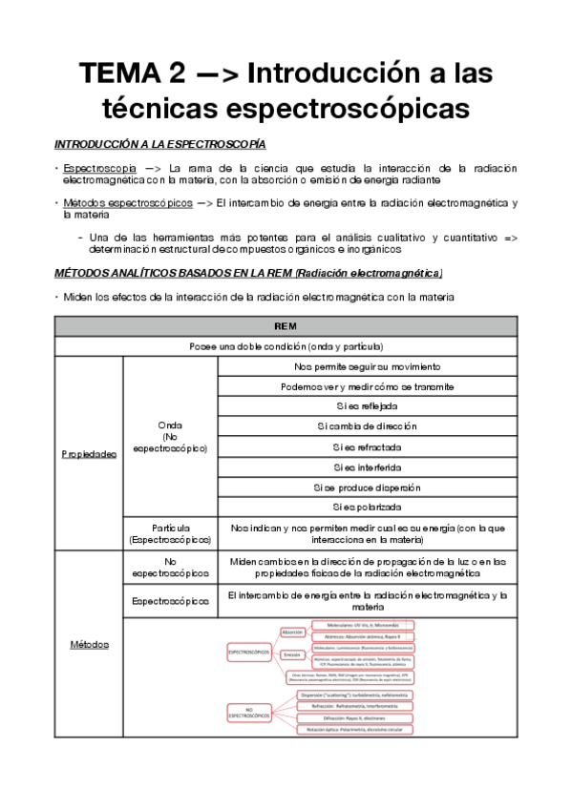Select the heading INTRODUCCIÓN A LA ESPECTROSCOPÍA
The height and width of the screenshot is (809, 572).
[159, 143]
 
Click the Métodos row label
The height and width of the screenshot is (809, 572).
[89, 645]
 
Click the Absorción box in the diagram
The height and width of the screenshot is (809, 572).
[292, 633]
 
